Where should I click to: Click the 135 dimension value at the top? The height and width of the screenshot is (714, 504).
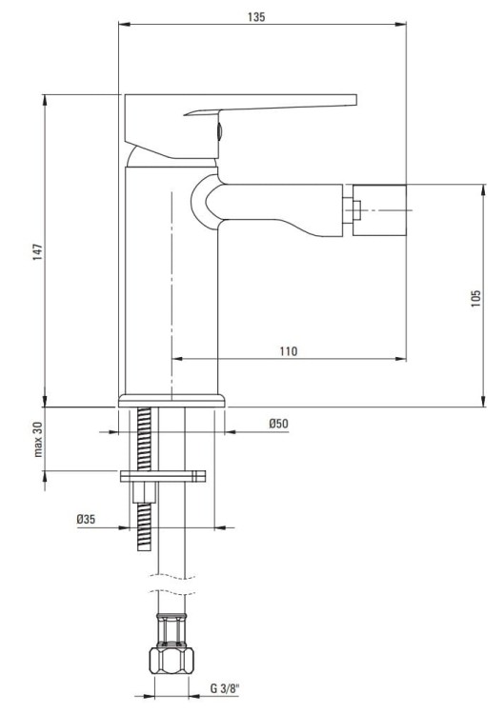257,17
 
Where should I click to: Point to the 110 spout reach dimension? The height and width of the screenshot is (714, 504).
288,351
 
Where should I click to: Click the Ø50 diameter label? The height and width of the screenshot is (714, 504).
278,423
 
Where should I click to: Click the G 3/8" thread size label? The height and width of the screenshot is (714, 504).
225,688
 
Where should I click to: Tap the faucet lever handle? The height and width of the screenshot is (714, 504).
276,106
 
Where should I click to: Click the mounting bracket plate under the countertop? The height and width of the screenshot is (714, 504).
164,476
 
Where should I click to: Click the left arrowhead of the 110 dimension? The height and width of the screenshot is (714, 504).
175,360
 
